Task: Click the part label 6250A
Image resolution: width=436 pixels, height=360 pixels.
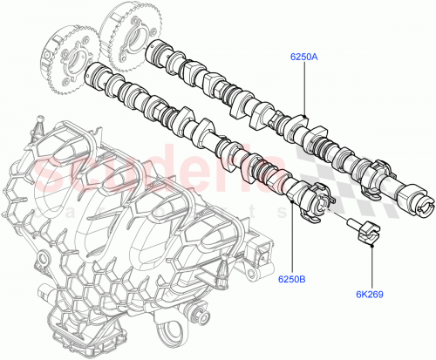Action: coord(304,58)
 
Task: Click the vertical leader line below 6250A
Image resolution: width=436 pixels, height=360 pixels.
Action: coord(304,87)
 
